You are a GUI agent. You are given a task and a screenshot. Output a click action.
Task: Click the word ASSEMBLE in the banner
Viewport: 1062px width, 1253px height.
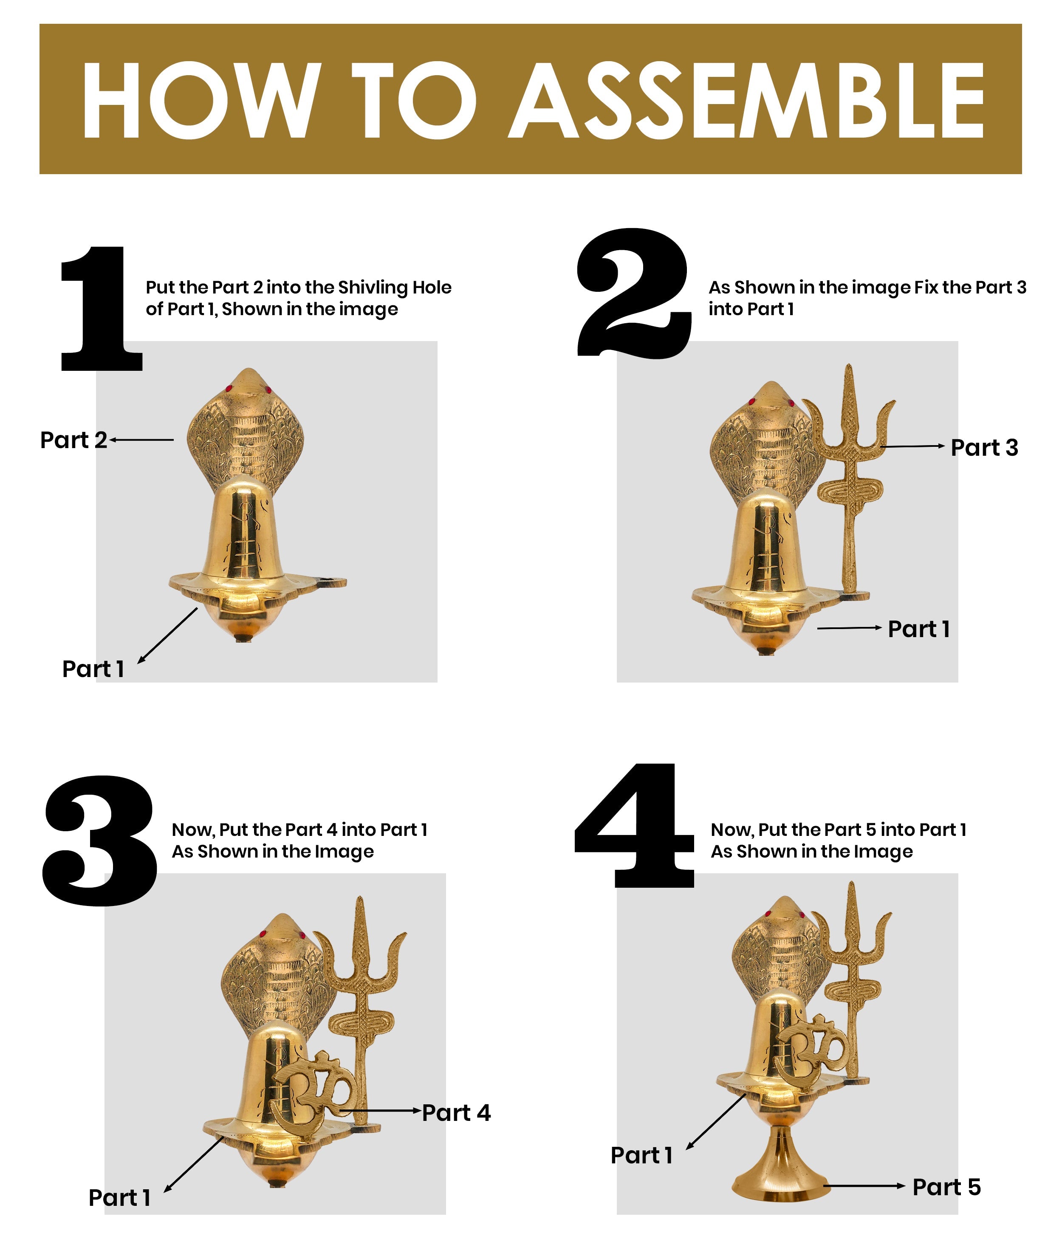[746, 100]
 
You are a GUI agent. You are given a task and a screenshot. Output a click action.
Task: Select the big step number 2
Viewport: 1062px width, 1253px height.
[634, 293]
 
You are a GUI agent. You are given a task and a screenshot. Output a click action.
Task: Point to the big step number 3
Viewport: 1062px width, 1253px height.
[99, 840]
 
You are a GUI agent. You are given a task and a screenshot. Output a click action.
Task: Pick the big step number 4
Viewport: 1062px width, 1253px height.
[634, 825]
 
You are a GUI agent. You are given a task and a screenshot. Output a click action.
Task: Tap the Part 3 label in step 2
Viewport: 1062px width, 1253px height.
[984, 448]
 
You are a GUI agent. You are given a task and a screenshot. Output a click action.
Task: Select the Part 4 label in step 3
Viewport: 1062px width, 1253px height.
[456, 1113]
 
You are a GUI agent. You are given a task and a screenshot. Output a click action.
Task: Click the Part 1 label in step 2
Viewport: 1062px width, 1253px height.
[919, 629]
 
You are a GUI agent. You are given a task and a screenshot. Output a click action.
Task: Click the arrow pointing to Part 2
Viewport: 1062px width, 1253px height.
[141, 440]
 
